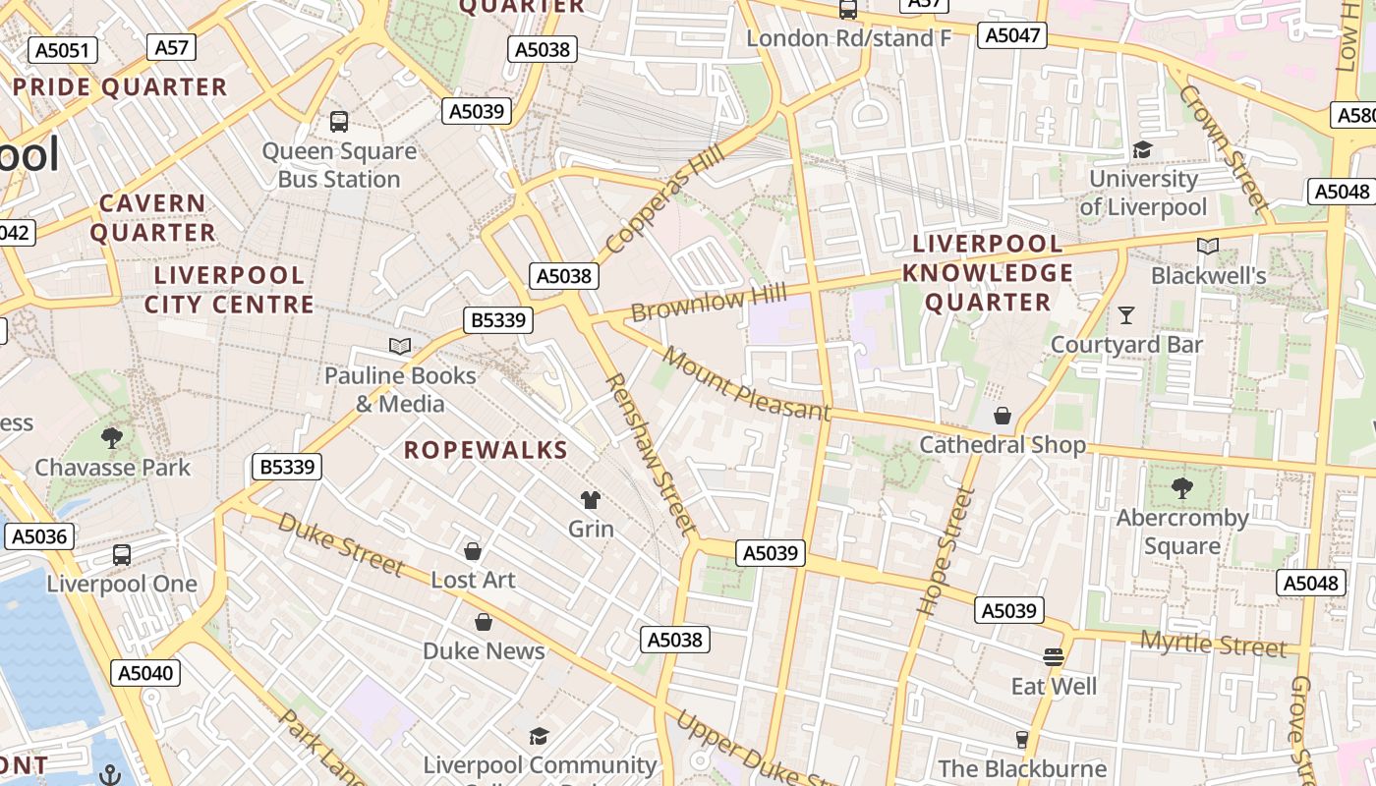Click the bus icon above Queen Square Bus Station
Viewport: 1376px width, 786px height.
[339, 122]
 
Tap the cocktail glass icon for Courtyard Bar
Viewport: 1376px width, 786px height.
[1126, 315]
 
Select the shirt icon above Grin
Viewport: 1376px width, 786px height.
[591, 500]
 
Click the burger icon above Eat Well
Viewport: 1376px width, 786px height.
[1054, 656]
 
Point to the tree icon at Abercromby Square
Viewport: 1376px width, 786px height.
[1181, 487]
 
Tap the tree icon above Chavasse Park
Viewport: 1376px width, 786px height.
[112, 437]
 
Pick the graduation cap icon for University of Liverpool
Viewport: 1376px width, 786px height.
[1142, 149]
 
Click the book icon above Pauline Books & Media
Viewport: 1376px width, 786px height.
[400, 346]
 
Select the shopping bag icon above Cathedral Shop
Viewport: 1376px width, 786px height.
[1003, 416]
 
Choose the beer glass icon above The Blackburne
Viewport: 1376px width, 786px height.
[1022, 739]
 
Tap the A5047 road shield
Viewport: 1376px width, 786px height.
[1012, 35]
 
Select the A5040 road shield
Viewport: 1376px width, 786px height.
[145, 673]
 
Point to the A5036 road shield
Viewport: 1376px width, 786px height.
[39, 536]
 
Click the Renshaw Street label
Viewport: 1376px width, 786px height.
[650, 453]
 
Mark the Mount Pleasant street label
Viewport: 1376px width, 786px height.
[746, 384]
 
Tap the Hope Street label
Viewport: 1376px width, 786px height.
[945, 551]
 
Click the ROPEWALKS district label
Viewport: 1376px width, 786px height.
[487, 450]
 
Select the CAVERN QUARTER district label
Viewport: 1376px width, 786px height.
[153, 218]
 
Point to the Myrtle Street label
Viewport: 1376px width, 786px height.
[1213, 646]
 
